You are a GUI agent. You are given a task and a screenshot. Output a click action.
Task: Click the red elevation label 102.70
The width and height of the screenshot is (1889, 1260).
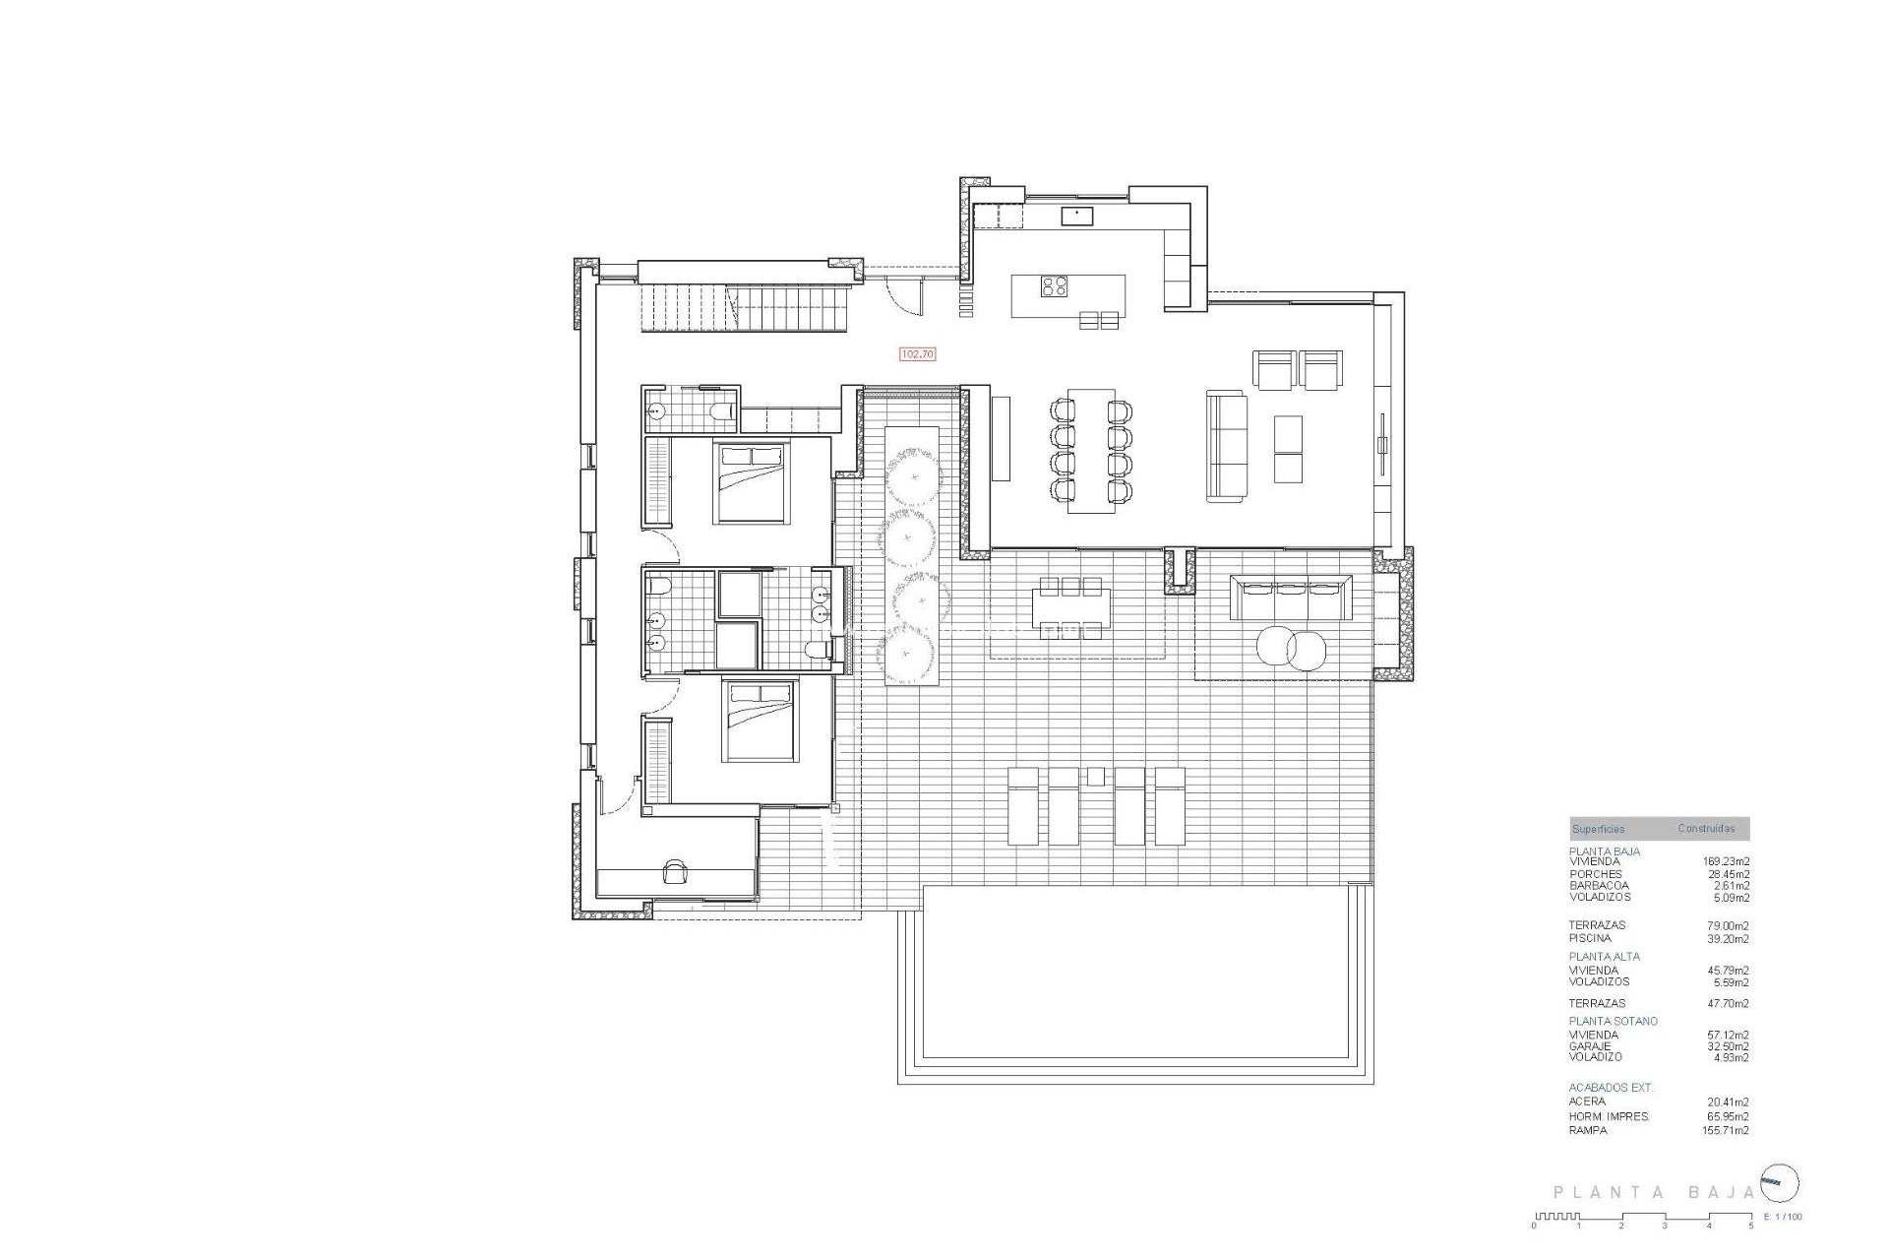(x=917, y=353)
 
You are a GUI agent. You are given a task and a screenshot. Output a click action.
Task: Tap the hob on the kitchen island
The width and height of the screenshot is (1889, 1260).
(x=1055, y=285)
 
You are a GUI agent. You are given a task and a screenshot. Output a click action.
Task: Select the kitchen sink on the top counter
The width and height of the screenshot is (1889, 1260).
(x=1075, y=216)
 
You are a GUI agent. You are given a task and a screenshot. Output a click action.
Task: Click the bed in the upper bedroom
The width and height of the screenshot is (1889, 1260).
(x=752, y=482)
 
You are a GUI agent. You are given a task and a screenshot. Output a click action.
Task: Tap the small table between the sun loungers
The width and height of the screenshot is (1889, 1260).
(x=1096, y=777)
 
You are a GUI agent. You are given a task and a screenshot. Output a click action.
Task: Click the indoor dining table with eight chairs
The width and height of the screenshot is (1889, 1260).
(x=1091, y=450)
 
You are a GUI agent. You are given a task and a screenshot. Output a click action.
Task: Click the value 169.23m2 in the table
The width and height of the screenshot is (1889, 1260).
(x=1726, y=861)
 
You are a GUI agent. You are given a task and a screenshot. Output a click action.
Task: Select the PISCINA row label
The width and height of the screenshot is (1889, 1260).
(x=1590, y=938)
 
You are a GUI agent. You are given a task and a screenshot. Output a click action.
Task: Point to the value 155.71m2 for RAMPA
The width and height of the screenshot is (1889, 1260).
(x=1727, y=1130)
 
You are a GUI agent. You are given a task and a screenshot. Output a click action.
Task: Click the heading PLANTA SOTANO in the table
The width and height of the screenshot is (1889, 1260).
(x=1613, y=1021)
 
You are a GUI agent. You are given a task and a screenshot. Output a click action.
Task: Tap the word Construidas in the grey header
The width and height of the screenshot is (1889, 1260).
(x=1706, y=829)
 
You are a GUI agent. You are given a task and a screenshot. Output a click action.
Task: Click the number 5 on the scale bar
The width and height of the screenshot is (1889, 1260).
(x=1750, y=1226)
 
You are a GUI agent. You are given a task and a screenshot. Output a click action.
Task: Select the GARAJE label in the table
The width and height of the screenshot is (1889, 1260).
(x=1590, y=1046)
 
